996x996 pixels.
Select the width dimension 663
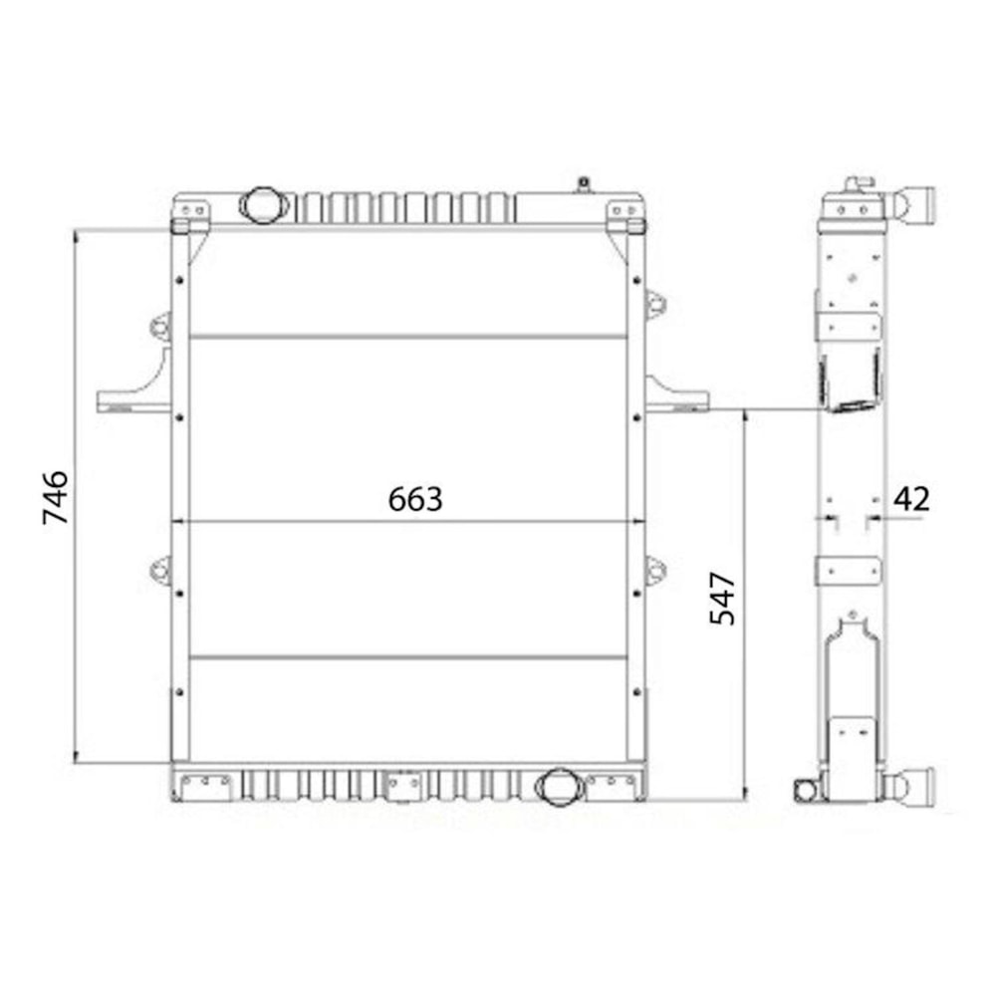tap(414, 499)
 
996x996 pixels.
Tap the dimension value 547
tap(722, 598)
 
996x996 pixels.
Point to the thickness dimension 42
tap(911, 498)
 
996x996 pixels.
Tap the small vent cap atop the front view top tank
tap(584, 184)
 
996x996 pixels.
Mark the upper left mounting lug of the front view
tap(160, 325)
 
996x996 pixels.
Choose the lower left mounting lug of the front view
tap(160, 571)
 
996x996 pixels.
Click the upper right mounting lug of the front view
tap(654, 303)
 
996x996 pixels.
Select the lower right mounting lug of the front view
tap(654, 571)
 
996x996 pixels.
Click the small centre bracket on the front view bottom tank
tap(403, 785)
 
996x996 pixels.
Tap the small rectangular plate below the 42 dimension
tap(848, 571)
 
